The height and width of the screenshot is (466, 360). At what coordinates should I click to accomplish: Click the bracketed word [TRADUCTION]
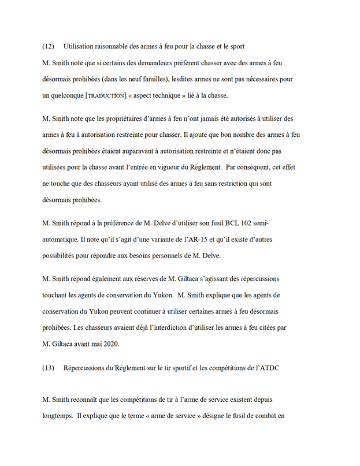pyautogui.click(x=106, y=95)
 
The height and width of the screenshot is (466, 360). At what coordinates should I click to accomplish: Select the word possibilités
pyautogui.click(x=63, y=255)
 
